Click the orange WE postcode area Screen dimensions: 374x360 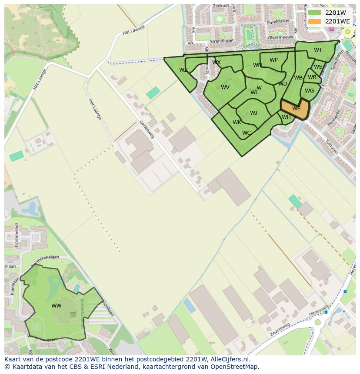[x=295, y=108]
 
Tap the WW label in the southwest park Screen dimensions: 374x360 [x=57, y=306]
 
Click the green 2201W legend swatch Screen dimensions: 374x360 [x=315, y=13]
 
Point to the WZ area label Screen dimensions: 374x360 [x=183, y=70]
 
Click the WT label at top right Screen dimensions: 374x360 [x=318, y=50]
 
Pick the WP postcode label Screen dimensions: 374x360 [x=273, y=60]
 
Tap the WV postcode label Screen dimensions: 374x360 [x=225, y=87]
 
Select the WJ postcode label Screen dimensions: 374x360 [x=253, y=113]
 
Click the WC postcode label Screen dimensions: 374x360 [x=247, y=133]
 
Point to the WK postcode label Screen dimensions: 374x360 [x=237, y=122]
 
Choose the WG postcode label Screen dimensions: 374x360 [x=309, y=91]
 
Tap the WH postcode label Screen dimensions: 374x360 [x=286, y=117]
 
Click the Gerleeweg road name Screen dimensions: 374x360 [x=147, y=129]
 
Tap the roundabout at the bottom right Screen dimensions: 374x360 [x=318, y=322]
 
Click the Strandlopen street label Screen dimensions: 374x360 [x=222, y=42]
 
